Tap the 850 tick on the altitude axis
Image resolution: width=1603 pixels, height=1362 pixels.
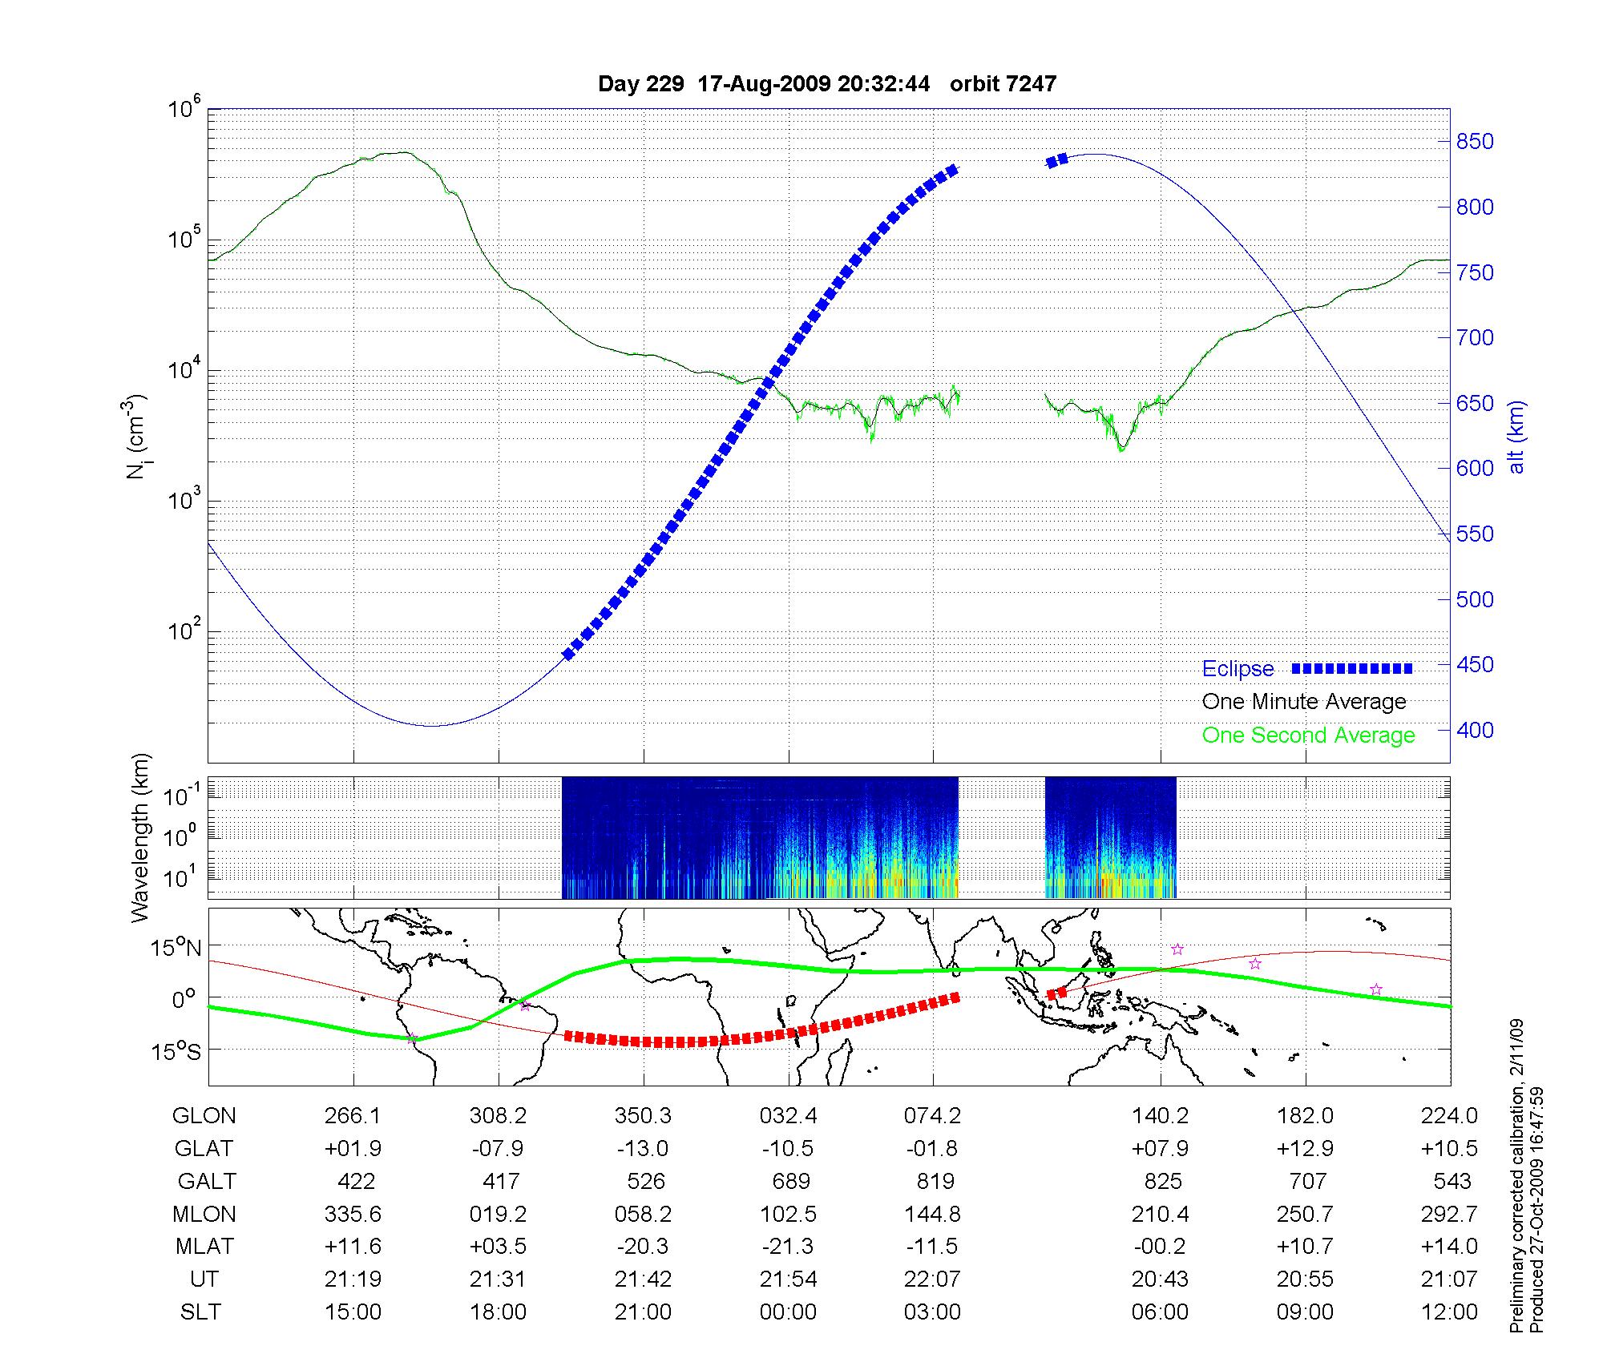tap(1475, 142)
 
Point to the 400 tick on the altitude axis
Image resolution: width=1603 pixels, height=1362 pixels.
tap(1475, 730)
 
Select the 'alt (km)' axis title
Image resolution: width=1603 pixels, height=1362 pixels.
tap(1516, 437)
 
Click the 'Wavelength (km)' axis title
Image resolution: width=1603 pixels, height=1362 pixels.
tap(141, 838)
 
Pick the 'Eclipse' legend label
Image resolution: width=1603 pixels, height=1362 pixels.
tap(1238, 669)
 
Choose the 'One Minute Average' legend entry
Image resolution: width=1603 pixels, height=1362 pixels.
tap(1304, 702)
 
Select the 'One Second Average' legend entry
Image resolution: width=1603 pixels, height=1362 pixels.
tap(1308, 735)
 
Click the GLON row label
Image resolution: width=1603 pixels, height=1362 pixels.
tap(204, 1115)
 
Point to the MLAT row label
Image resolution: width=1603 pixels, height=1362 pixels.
tap(204, 1246)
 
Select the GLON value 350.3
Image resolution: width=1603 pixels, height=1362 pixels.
tap(643, 1115)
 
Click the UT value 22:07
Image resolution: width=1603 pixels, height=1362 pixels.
tap(933, 1279)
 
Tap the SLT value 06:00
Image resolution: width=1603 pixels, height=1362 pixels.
tap(1160, 1312)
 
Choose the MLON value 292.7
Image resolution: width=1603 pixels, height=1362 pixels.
tap(1449, 1214)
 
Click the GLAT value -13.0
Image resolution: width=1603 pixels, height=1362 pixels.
tap(643, 1148)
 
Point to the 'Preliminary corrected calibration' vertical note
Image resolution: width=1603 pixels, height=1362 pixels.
tap(1516, 1178)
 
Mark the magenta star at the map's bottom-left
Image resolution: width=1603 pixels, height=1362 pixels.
tap(412, 1038)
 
